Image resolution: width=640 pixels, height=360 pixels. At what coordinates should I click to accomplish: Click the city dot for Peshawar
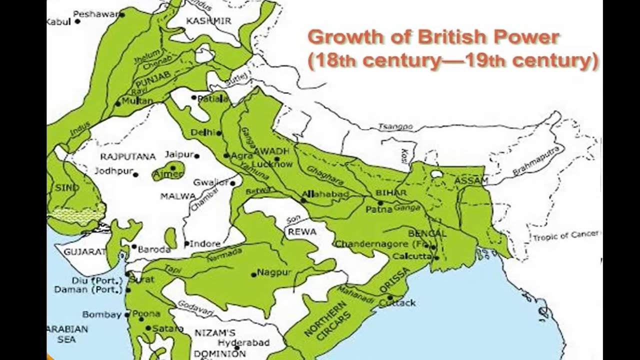[121, 15]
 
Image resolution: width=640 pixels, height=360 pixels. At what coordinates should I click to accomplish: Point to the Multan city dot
[118, 103]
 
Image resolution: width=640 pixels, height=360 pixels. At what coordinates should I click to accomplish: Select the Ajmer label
[167, 174]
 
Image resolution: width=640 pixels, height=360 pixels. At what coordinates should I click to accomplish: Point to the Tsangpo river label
[395, 127]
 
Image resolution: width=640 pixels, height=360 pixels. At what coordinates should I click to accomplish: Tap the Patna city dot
[380, 203]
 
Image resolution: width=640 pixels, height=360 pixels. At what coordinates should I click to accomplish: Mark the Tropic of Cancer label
[565, 236]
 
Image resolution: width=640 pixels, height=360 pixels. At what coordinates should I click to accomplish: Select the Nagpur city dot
[253, 274]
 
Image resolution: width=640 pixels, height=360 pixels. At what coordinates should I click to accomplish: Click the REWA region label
[302, 232]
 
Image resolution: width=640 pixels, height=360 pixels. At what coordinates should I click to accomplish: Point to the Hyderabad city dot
[221, 344]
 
